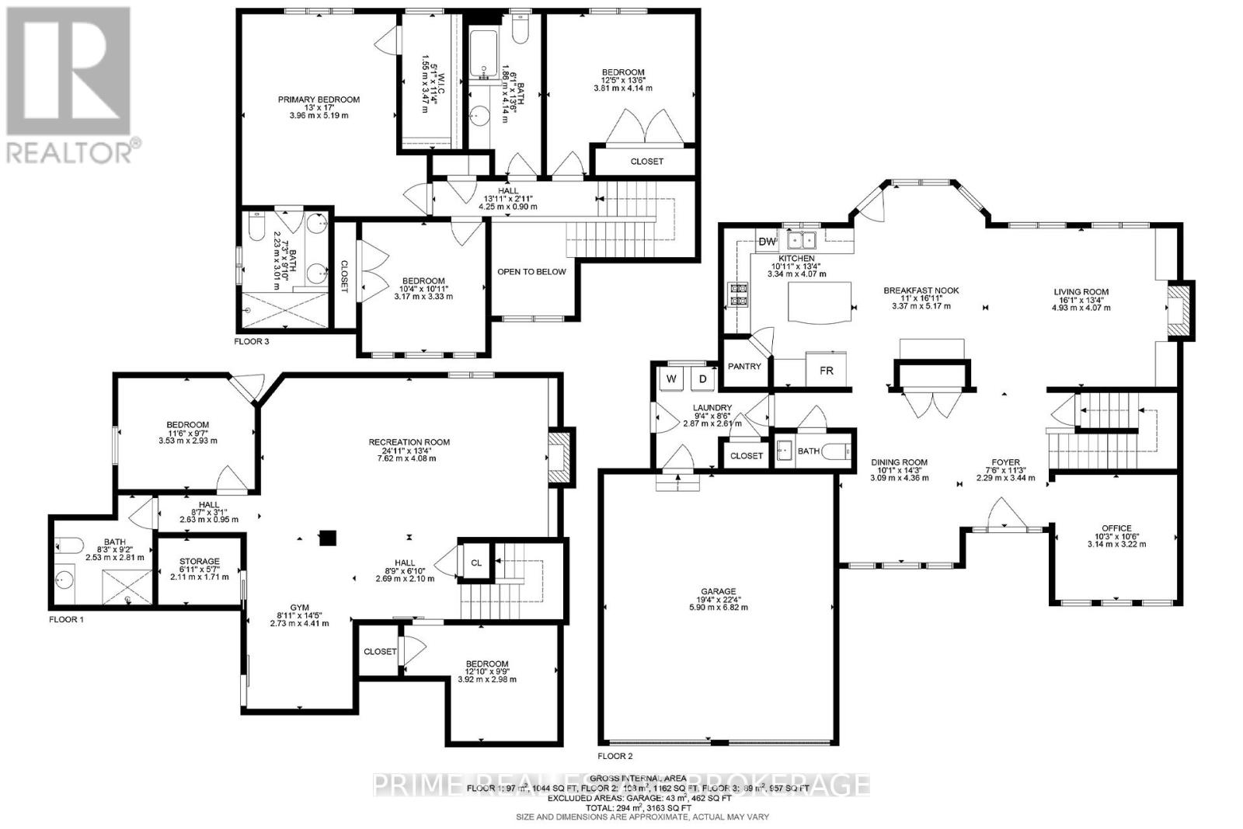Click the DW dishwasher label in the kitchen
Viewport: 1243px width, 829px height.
pyautogui.click(x=768, y=242)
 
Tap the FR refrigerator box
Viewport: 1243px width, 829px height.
pyautogui.click(x=827, y=371)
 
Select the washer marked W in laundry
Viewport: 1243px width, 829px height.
pyautogui.click(x=670, y=380)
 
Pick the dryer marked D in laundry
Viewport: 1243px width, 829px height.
pyautogui.click(x=703, y=380)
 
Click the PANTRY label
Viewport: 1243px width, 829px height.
pyautogui.click(x=744, y=366)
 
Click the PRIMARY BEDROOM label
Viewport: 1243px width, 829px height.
pyautogui.click(x=319, y=99)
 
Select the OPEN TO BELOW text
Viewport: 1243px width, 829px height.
pyautogui.click(x=532, y=272)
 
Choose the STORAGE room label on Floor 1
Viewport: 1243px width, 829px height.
pyautogui.click(x=200, y=561)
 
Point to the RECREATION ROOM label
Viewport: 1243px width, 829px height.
pyautogui.click(x=409, y=442)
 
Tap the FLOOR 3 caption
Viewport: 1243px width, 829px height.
pyautogui.click(x=251, y=340)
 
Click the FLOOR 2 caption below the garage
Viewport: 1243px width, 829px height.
pyautogui.click(x=615, y=755)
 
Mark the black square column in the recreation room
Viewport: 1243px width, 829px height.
pyautogui.click(x=328, y=537)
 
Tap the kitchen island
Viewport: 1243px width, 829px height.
pyautogui.click(x=820, y=301)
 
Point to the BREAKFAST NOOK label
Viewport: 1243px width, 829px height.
pyautogui.click(x=921, y=291)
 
